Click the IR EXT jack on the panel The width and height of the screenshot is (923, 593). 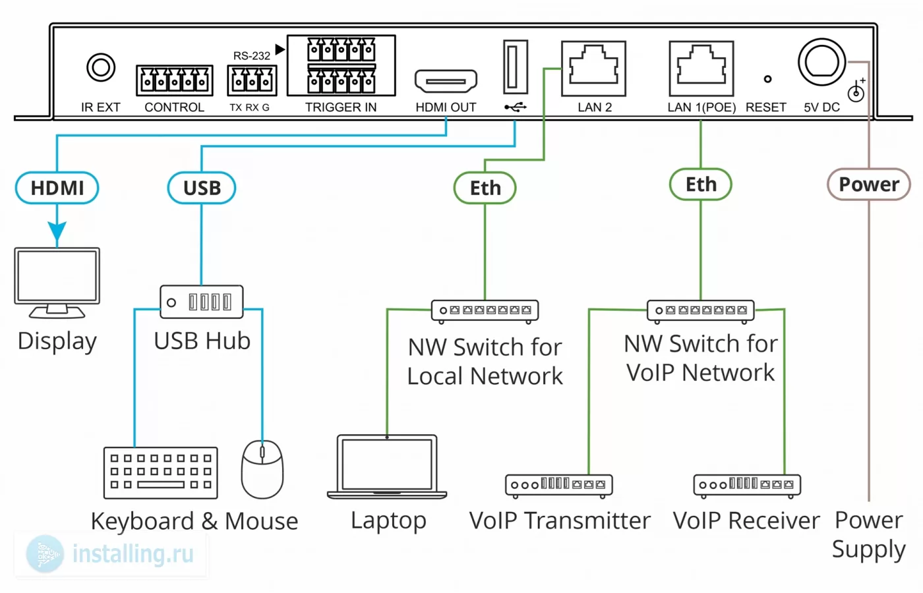coord(100,67)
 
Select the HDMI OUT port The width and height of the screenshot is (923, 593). coord(446,80)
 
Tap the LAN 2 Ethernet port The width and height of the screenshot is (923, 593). coord(594,69)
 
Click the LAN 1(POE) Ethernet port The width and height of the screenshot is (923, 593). coord(701,69)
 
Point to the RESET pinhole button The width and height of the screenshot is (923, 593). coord(767,79)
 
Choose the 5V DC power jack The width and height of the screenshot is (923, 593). coord(821,63)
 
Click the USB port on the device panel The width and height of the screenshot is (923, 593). coord(515,67)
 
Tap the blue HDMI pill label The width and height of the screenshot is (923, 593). coord(57,188)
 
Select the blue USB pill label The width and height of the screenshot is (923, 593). coord(202,188)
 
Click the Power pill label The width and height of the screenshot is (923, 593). coord(869,184)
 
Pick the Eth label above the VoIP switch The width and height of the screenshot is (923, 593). coord(700,184)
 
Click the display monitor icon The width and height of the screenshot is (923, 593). coord(57,283)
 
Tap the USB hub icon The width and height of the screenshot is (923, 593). coord(202,302)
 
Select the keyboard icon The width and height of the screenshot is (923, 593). coord(161,473)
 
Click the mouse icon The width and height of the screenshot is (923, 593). coord(262,469)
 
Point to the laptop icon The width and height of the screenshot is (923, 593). coord(387,466)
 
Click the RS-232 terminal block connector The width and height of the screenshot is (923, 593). coord(252,80)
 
